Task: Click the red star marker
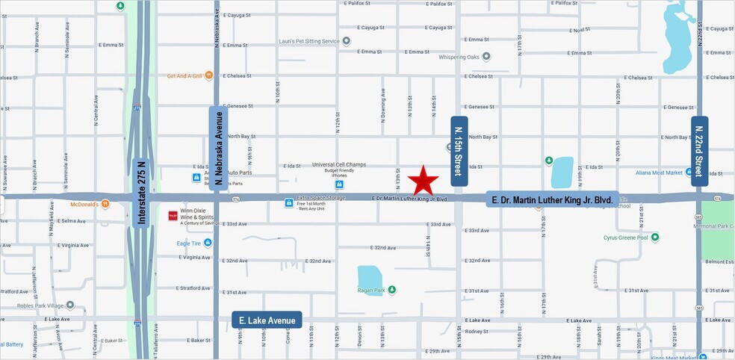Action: click(424, 180)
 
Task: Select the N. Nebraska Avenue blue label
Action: click(217, 146)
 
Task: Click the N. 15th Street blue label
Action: click(459, 150)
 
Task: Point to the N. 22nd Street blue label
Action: click(699, 150)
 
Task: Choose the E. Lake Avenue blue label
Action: click(267, 320)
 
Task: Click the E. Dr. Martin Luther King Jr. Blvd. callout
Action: click(551, 200)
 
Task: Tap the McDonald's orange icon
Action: click(105, 204)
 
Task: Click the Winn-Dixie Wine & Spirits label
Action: click(197, 217)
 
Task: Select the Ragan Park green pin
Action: click(391, 290)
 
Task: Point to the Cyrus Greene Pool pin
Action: click(655, 238)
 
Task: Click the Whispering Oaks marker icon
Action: click(486, 56)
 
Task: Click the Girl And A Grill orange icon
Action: click(209, 75)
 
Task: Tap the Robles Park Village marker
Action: click(70, 305)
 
